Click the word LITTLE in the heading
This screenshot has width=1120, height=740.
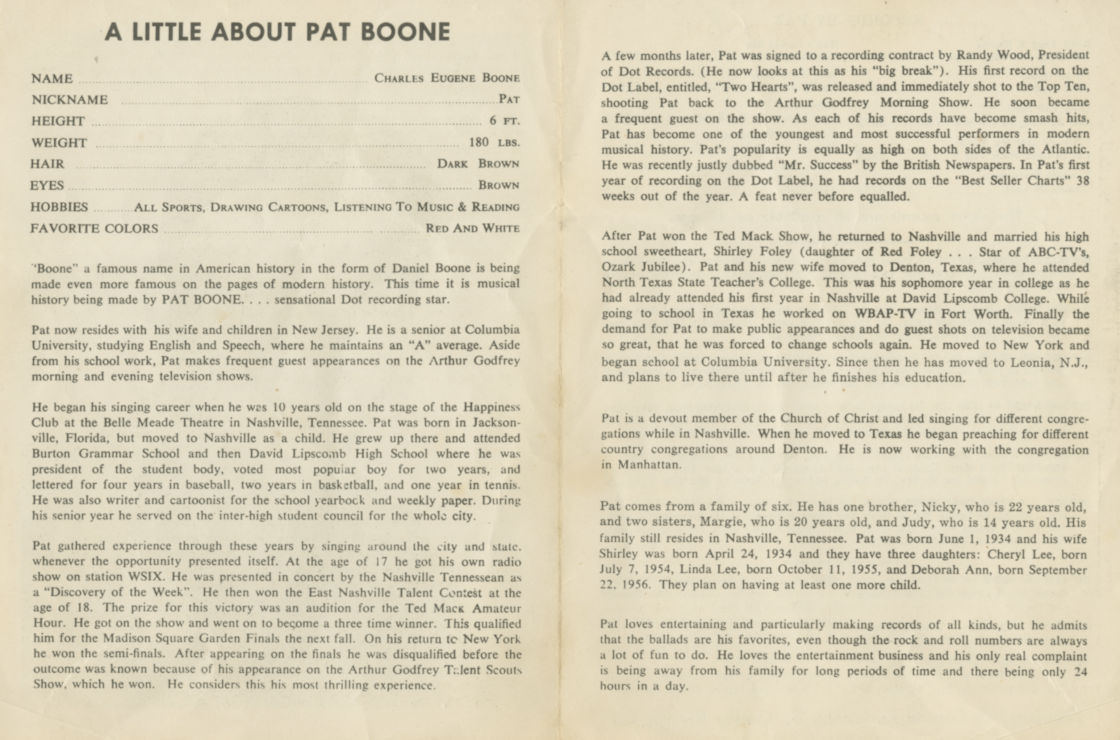167,32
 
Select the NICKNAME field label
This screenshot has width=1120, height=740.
70,100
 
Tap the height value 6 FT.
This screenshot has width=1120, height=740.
504,121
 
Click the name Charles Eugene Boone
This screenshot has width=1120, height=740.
447,78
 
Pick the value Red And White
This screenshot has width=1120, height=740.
472,228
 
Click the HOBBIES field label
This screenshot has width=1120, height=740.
59,207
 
